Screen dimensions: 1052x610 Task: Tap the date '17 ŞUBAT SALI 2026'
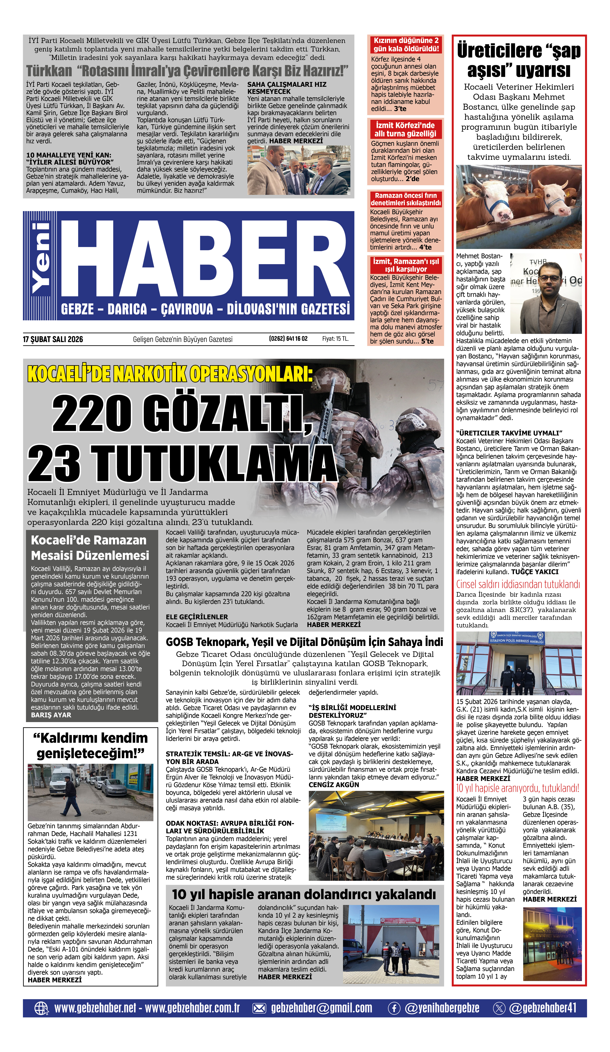[53, 339]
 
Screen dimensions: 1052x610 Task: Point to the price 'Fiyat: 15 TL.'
[335, 339]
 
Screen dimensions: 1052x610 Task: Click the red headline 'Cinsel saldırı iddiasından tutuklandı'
[518, 584]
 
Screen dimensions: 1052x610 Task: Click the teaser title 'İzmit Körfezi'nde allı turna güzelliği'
[405, 129]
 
